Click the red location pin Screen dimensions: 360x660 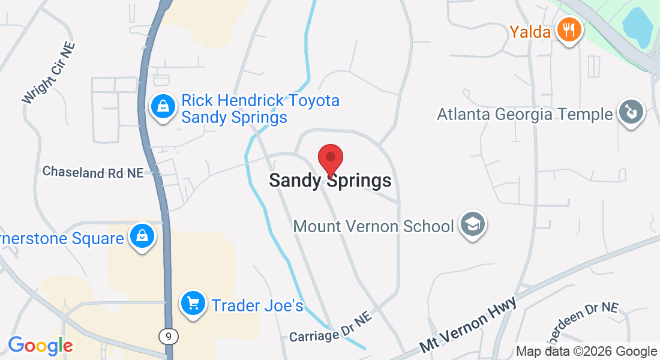[x=330, y=160]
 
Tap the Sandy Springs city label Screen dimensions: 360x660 [x=330, y=181]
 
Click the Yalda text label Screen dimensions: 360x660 [x=530, y=31]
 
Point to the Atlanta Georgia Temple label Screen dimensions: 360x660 [x=525, y=114]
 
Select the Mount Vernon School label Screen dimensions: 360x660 [x=373, y=227]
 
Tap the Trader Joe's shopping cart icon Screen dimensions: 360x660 [x=193, y=305]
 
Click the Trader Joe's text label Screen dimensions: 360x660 [x=257, y=305]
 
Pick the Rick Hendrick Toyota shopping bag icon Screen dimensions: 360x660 [x=162, y=107]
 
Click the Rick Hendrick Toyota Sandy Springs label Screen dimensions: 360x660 [x=260, y=109]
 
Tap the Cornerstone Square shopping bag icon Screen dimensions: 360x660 [x=142, y=238]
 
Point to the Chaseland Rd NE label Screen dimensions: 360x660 [x=93, y=172]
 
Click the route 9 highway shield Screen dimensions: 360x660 [x=169, y=337]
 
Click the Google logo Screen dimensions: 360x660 [x=40, y=346]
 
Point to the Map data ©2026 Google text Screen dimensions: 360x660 [x=586, y=352]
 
